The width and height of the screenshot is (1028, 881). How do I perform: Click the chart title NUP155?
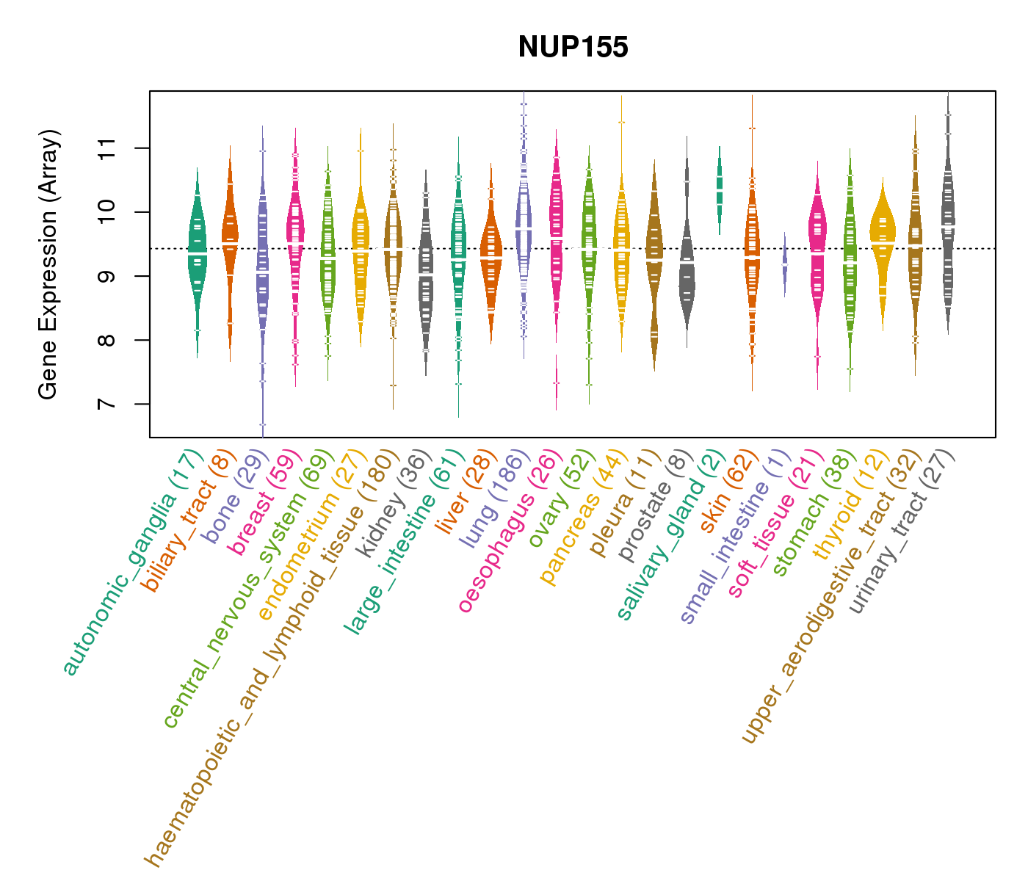[x=573, y=48]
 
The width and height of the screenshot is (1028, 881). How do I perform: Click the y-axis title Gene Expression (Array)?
[x=48, y=264]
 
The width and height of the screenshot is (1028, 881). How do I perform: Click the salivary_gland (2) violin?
[x=720, y=191]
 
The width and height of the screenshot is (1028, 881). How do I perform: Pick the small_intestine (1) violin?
[x=784, y=264]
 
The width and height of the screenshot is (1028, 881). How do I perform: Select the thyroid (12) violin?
[x=883, y=235]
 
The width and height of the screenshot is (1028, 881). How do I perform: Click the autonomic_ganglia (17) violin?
[x=197, y=250]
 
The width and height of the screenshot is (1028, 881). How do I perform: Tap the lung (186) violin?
[x=524, y=220]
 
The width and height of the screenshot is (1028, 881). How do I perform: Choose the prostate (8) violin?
[x=687, y=264]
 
